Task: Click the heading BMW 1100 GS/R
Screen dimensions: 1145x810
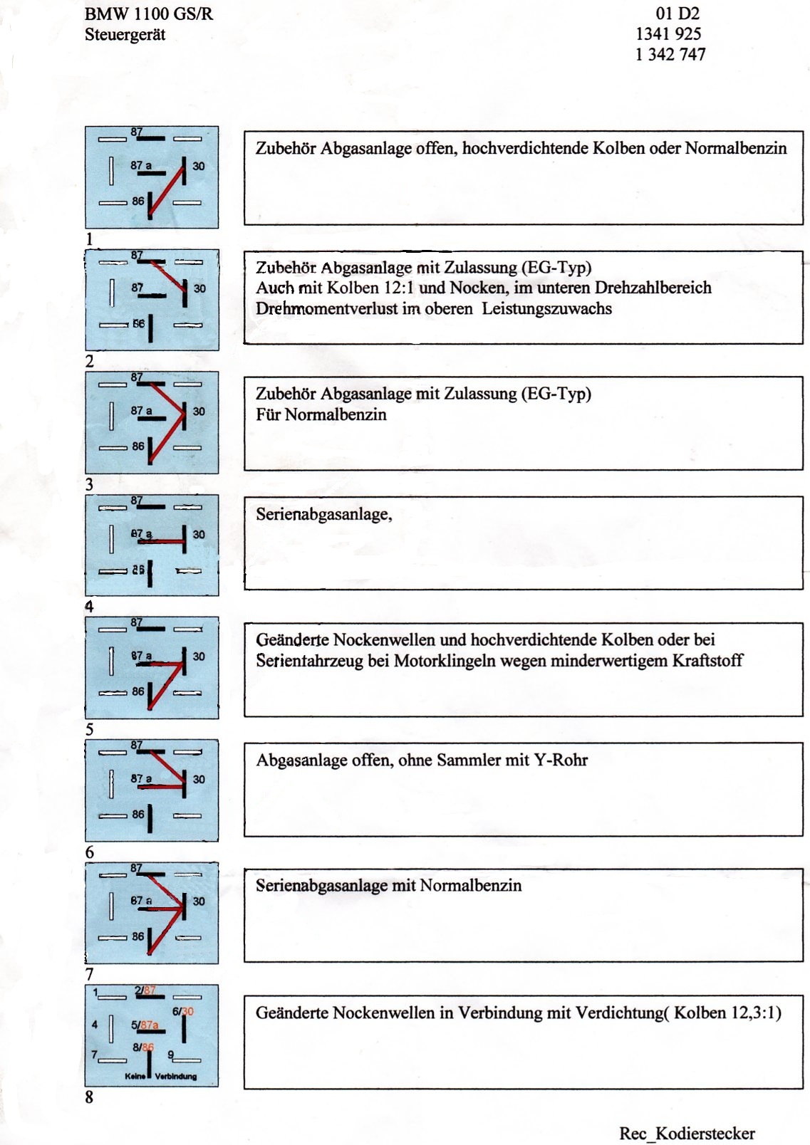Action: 149,14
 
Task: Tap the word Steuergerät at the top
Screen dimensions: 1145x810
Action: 125,35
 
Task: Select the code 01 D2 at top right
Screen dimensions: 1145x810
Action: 677,14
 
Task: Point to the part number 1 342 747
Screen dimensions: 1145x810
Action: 670,54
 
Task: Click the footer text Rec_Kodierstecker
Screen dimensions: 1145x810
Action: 687,1133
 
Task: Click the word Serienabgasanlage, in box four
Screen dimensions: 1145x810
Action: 324,514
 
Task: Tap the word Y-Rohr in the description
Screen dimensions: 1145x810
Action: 561,760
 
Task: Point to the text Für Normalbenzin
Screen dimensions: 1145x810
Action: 321,414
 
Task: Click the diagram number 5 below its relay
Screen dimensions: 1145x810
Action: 89,729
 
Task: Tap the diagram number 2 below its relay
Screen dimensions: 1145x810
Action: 89,361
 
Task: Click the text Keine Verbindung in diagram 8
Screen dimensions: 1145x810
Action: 161,1076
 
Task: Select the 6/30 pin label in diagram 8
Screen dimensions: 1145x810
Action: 183,1011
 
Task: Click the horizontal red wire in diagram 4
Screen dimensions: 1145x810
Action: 163,542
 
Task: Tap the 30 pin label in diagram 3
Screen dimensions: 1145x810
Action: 199,412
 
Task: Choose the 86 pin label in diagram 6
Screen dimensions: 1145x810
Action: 137,815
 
